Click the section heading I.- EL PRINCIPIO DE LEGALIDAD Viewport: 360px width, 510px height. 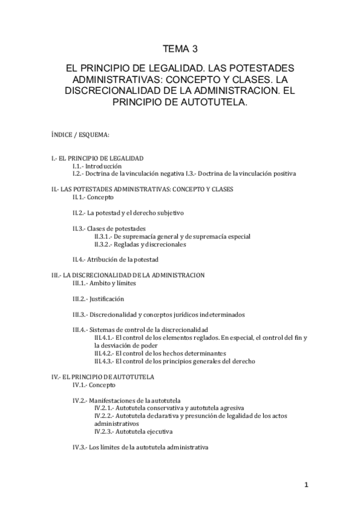(x=97, y=158)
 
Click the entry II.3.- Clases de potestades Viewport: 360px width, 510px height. (x=108, y=229)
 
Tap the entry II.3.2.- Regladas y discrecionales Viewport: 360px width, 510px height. (x=140, y=244)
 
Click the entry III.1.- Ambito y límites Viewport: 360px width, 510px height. (x=104, y=283)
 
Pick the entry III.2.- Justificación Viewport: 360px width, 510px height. (x=98, y=298)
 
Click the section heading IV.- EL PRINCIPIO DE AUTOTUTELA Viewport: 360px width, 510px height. (x=103, y=376)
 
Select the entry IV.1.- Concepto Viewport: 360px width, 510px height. (x=94, y=384)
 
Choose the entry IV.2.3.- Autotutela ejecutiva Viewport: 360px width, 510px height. (x=133, y=431)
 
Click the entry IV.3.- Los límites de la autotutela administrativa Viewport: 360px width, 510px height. (x=140, y=447)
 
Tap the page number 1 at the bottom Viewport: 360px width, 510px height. (x=306, y=485)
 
